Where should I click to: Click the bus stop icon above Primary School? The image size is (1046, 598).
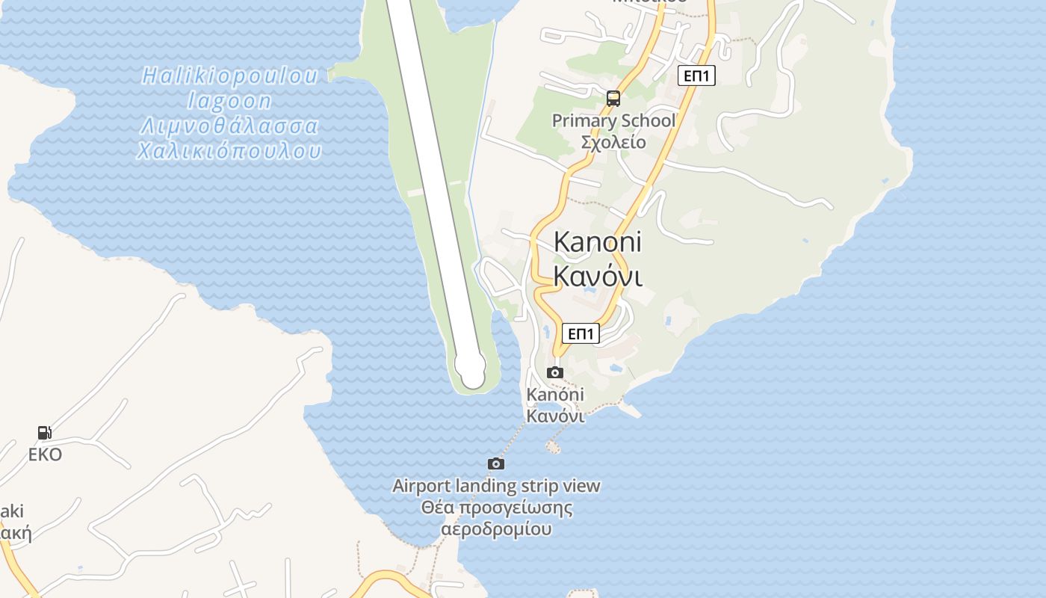pos(613,98)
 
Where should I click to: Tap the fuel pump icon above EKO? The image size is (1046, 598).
pos(45,432)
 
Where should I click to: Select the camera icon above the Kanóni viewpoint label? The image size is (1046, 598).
pos(555,372)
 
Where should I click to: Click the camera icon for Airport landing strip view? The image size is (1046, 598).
pos(496,463)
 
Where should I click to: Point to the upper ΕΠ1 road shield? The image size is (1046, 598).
pos(697,75)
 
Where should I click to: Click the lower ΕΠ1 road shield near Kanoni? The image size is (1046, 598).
pos(581,333)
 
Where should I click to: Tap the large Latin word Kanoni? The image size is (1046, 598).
pos(598,241)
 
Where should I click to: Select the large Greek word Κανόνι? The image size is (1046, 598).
pos(598,276)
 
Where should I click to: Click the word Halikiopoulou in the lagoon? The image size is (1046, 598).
pos(230,75)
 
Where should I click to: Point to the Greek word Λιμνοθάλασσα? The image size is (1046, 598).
pos(229,126)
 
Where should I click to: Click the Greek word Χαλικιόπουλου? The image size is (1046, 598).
pos(229,151)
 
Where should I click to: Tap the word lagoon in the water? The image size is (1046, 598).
pos(229,100)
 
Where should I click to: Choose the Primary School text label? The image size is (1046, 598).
pos(613,120)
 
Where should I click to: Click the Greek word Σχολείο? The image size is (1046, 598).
pos(613,141)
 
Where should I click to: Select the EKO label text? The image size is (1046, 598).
pos(45,454)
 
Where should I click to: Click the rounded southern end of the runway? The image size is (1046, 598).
pos(471,369)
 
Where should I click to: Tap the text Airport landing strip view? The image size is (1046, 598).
pos(496,486)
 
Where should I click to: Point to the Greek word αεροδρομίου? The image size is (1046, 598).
pos(496,529)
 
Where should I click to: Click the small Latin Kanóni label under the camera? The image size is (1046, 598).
pos(555,395)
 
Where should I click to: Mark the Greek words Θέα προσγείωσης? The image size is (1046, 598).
pos(496,508)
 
